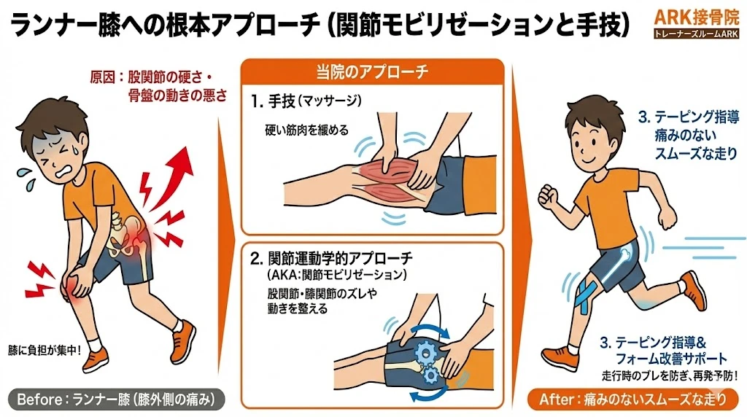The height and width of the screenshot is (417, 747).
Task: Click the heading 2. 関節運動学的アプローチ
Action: [x=331, y=258]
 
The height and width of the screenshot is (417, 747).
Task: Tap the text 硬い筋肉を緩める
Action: [x=306, y=130]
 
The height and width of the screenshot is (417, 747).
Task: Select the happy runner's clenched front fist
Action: [x=546, y=195]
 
